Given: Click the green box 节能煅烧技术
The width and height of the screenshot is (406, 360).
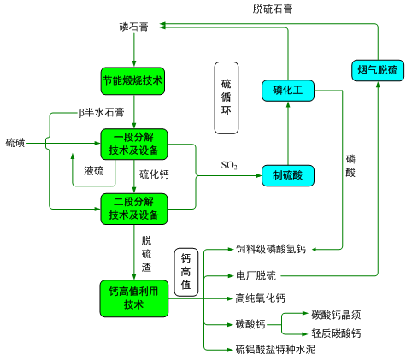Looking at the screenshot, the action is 132,81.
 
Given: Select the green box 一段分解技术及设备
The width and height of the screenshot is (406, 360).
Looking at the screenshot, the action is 134,144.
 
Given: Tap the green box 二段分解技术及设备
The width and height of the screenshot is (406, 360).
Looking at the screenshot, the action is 134,209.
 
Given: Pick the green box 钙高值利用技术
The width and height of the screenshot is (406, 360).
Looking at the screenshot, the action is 134,298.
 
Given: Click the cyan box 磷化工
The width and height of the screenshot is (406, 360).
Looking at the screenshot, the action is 288,91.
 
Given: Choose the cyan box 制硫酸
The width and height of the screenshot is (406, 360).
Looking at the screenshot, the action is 288,175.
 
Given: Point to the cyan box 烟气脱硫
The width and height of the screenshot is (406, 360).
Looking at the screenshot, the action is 378,70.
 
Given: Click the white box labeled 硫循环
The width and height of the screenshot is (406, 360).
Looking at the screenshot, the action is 227,97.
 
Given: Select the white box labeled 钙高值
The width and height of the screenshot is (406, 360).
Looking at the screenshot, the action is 186,272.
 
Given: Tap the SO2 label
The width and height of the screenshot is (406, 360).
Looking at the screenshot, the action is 229,165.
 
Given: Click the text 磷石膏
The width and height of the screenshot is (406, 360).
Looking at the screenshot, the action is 133,27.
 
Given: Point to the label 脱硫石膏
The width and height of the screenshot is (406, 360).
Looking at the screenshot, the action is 273,9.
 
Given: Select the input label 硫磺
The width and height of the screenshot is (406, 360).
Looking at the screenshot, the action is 15,143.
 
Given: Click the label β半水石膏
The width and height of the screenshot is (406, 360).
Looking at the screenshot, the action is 102,112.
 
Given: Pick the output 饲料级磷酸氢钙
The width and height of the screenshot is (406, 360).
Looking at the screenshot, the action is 271,249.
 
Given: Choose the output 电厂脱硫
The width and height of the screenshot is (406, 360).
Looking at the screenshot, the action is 256,275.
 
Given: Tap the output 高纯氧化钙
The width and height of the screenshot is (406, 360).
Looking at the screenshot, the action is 260,298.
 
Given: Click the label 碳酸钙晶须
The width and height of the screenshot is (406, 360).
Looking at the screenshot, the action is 336,315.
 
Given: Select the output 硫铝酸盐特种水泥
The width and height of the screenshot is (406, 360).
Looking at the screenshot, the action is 275,349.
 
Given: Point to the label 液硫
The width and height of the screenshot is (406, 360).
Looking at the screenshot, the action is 94,171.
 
